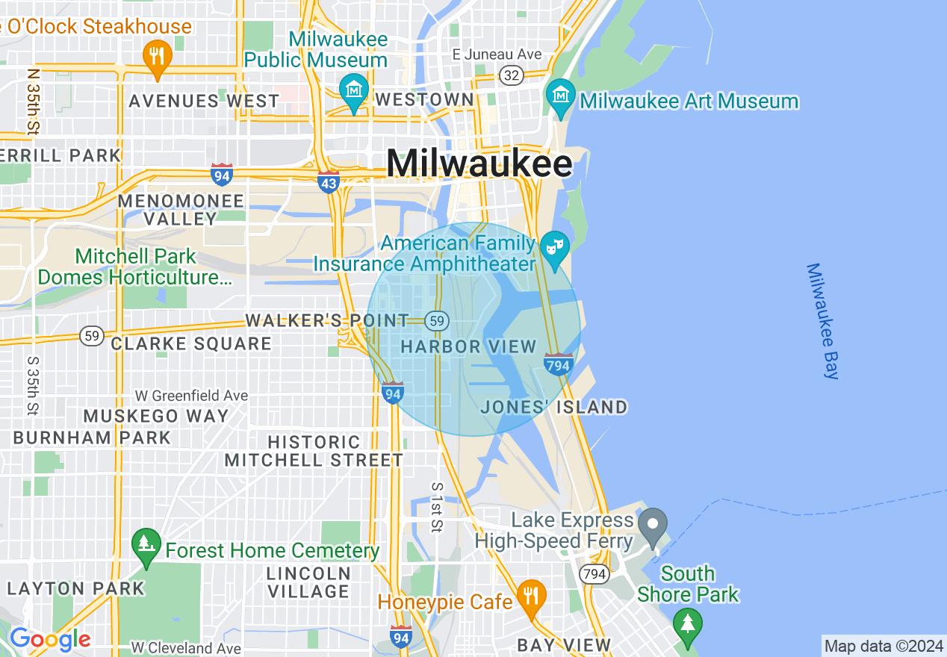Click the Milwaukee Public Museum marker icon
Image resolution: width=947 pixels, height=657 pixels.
pos(354,90)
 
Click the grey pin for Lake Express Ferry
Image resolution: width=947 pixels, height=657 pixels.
pos(653,525)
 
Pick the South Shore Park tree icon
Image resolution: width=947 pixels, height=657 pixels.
pos(687,623)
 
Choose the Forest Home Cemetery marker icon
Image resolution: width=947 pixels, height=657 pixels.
pos(146,545)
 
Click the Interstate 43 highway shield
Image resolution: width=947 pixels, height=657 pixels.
pos(329,181)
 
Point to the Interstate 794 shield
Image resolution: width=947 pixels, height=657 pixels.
pos(559,364)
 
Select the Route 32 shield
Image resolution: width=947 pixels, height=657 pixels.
pos(512,75)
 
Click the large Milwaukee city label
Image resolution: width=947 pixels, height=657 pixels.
pos(479,164)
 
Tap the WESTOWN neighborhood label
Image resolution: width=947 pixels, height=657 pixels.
pos(424,99)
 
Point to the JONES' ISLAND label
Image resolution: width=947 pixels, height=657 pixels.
pos(554,407)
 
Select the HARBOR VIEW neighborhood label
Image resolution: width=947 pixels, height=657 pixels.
pos(469,346)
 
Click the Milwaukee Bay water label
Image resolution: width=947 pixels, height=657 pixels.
pos(823,321)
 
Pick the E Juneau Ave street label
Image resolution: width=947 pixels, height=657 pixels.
pos(497,55)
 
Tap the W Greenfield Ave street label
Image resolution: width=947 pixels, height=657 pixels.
pos(191,395)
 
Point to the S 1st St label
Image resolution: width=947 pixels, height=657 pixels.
pos(437,508)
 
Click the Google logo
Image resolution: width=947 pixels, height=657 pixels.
pos(49,639)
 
